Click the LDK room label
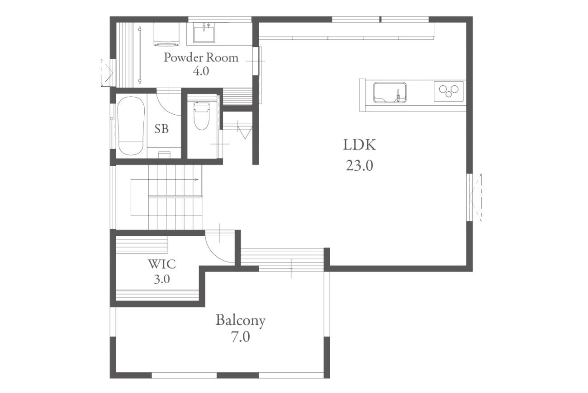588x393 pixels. click(360, 145)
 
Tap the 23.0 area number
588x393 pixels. click(360, 166)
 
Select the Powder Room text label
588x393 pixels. click(201, 57)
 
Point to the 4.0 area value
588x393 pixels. click(201, 71)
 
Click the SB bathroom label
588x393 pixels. click(161, 129)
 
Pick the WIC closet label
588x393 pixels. click(162, 264)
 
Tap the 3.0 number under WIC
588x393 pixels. click(162, 279)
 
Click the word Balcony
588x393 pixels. click(241, 321)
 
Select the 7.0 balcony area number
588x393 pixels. click(241, 337)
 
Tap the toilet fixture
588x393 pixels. click(201, 116)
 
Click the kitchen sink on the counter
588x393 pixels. click(390, 92)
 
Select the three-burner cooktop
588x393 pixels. click(449, 91)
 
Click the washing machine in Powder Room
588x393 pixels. click(167, 34)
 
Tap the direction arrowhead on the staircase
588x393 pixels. click(197, 180)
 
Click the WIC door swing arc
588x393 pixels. click(215, 254)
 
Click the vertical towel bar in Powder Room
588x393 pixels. click(140, 55)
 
